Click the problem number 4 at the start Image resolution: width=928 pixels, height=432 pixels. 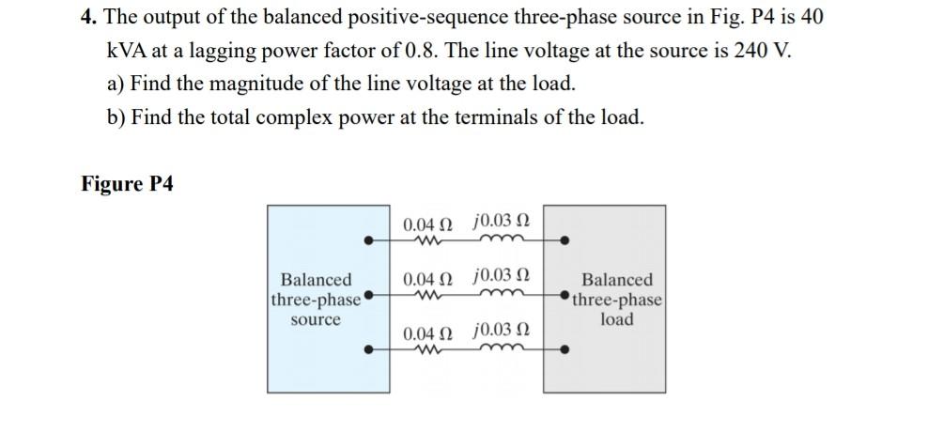pyautogui.click(x=85, y=19)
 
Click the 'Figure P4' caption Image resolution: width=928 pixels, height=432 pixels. pyautogui.click(x=127, y=183)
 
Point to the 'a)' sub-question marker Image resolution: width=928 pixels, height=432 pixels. pyautogui.click(x=116, y=84)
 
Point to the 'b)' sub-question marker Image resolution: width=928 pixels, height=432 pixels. pyautogui.click(x=116, y=116)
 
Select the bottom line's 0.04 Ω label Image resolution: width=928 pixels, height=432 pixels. pyautogui.click(x=427, y=333)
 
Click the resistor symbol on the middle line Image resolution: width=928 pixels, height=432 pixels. pyautogui.click(x=428, y=296)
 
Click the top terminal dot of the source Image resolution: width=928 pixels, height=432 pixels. pyautogui.click(x=368, y=241)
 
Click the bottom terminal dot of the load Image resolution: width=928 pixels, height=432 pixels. pyautogui.click(x=565, y=351)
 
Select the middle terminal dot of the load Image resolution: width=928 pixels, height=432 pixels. pyautogui.click(x=565, y=297)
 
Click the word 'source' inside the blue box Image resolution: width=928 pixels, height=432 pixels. pyautogui.click(x=316, y=319)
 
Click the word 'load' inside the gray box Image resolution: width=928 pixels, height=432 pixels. pyautogui.click(x=617, y=319)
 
